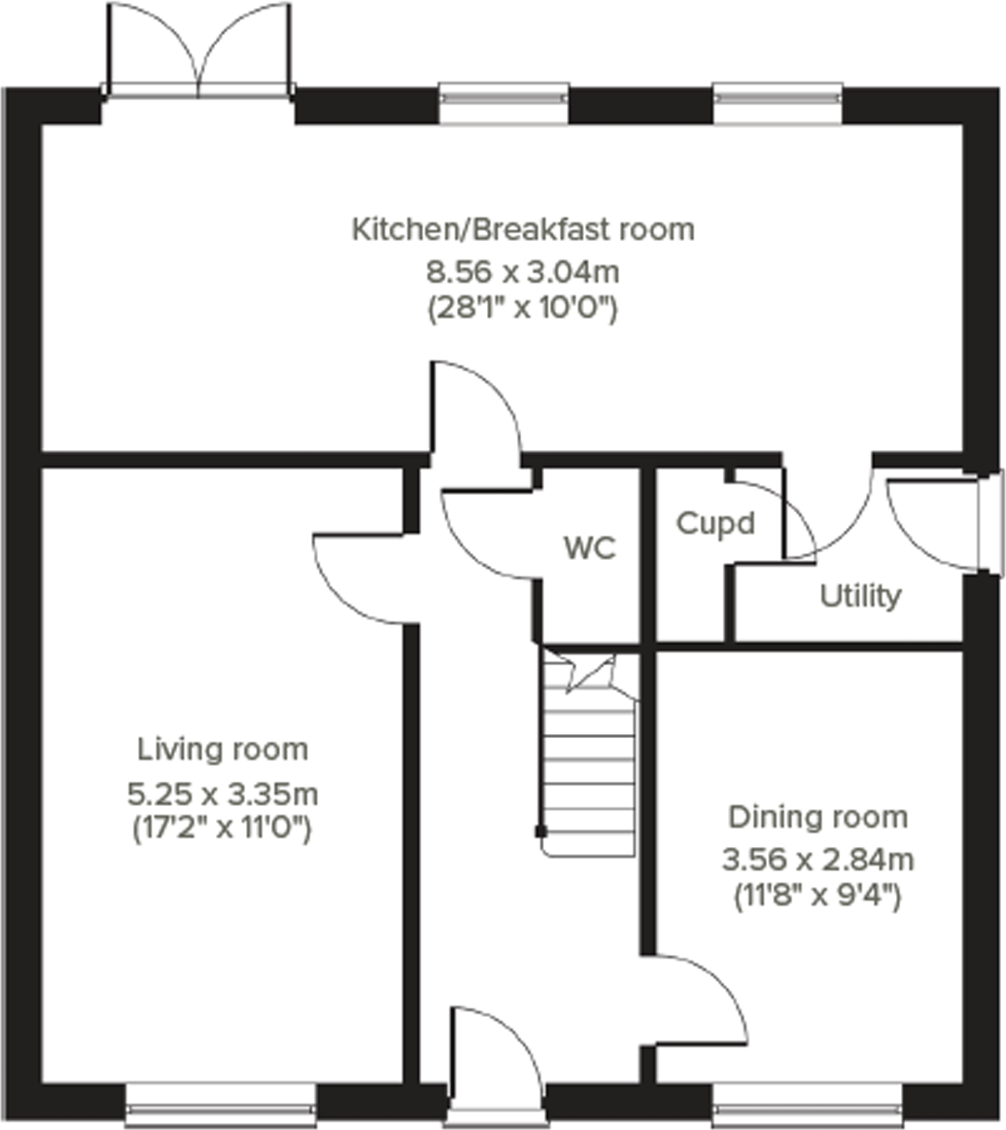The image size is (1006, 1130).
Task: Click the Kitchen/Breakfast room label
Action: (523, 230)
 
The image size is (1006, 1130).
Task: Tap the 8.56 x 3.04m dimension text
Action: (523, 272)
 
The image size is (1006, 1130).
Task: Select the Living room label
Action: (222, 749)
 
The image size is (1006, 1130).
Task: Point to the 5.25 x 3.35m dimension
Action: (222, 794)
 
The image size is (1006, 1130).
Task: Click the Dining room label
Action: (818, 817)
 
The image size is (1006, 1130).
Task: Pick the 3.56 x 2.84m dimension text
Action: (818, 859)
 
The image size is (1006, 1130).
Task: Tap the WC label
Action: (590, 547)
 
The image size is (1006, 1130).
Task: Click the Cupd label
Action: (715, 524)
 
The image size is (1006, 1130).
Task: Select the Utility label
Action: (860, 596)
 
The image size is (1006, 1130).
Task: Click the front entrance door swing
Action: (494, 1051)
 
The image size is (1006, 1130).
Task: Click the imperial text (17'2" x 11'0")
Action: (222, 829)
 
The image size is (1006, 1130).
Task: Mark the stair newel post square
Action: (540, 831)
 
